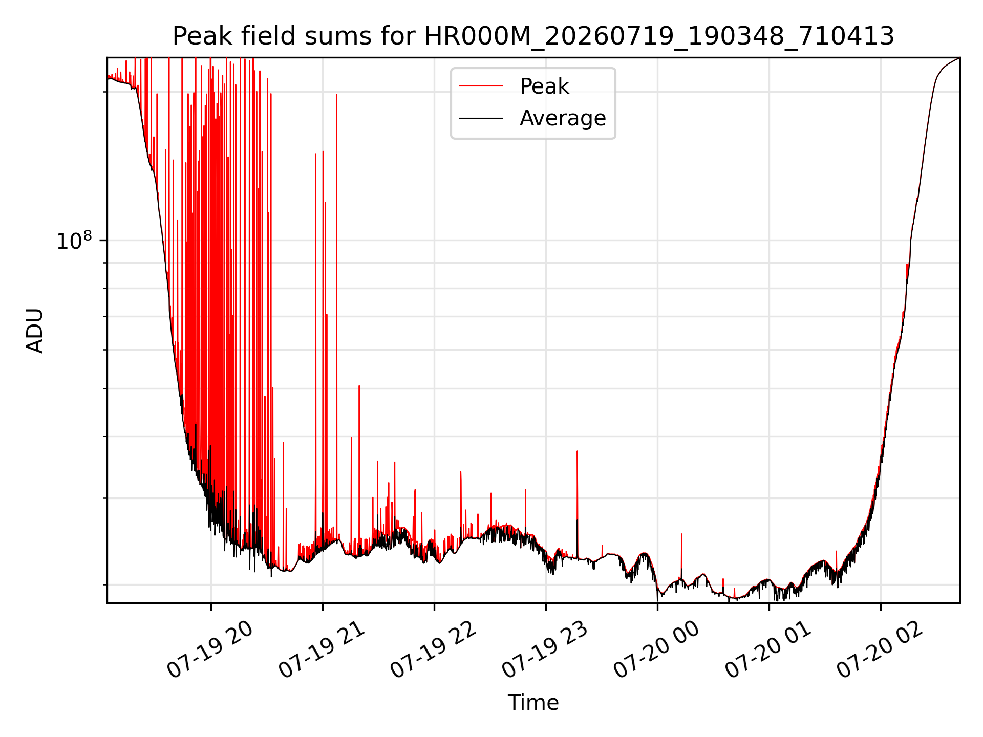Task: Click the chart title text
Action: pos(533,36)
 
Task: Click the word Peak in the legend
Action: pos(544,86)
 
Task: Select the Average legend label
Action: pos(563,118)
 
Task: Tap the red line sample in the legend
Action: pos(481,86)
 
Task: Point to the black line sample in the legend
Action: pos(481,118)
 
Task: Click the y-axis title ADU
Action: pos(35,331)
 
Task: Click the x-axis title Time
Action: pos(533,702)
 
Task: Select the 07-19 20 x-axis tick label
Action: pos(210,650)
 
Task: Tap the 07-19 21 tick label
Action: pos(322,650)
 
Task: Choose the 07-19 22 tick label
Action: pos(433,650)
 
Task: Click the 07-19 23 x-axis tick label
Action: pos(545,650)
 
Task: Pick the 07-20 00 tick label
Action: pos(656,650)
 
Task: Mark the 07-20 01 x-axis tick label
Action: pos(768,650)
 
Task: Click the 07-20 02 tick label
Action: pos(880,650)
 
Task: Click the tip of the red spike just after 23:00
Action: pos(577,451)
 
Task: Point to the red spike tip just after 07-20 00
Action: pos(681,534)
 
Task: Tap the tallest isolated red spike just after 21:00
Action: pos(336,95)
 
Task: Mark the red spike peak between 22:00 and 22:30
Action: pos(461,472)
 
